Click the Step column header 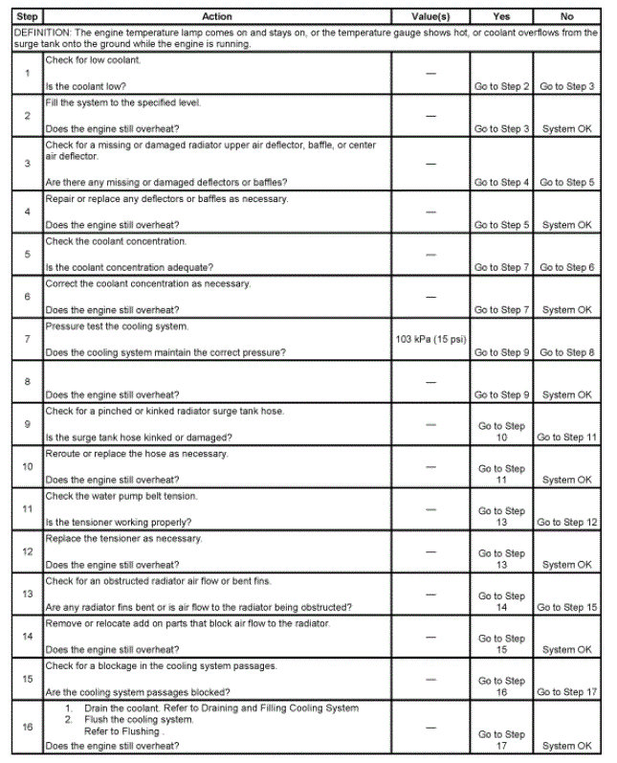click(x=27, y=16)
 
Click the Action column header click(x=217, y=16)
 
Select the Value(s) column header click(x=430, y=16)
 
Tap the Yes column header click(x=501, y=16)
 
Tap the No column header click(x=566, y=16)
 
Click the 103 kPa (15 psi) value click(x=430, y=339)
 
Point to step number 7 click(x=27, y=339)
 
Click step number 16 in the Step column click(x=27, y=728)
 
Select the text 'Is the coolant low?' click(x=85, y=87)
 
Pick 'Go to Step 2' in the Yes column click(x=502, y=87)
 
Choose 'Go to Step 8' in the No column click(x=566, y=352)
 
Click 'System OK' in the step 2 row click(x=566, y=129)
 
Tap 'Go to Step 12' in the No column click(x=566, y=523)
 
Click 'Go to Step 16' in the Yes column click(x=502, y=686)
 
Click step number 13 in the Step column click(x=27, y=594)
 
